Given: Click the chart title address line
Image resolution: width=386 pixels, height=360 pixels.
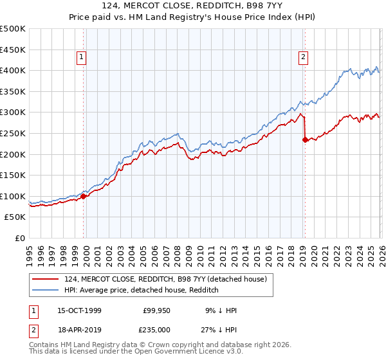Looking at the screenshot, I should point(193,6).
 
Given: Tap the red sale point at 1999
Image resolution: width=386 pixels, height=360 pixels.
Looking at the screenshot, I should point(84,196).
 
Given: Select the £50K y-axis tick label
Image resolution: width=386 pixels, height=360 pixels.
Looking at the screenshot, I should point(15,217).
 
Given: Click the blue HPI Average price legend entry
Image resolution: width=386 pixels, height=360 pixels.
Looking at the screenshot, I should point(142,290).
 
